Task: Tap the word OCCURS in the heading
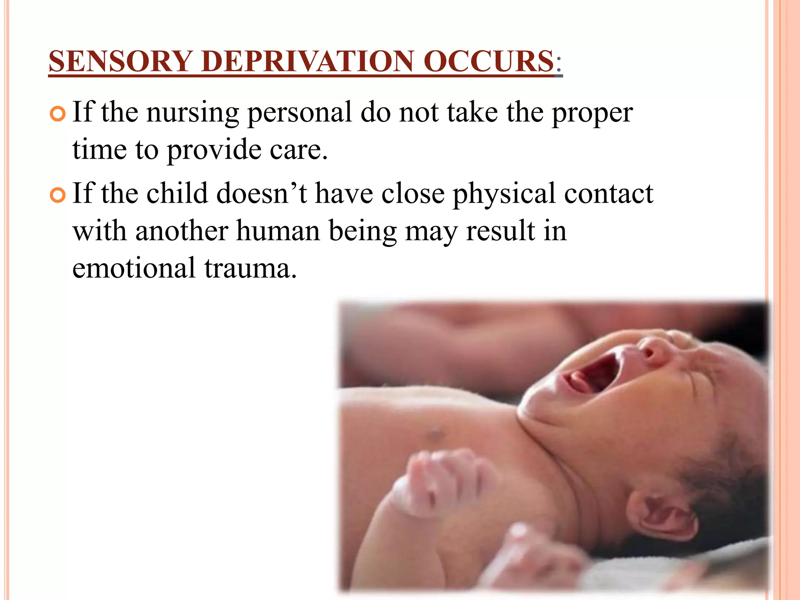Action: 489,61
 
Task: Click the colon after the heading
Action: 559,62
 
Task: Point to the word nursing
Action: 193,113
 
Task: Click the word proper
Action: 592,113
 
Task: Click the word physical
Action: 504,194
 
